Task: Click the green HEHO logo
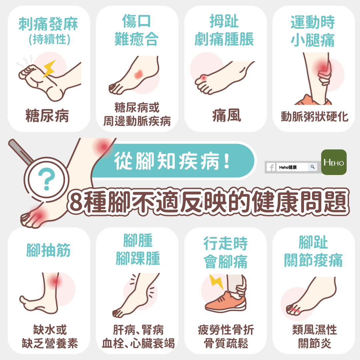click(334, 162)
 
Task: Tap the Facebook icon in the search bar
click(271, 167)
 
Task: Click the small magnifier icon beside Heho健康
click(312, 167)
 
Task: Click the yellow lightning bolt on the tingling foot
click(49, 68)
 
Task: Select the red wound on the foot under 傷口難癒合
click(138, 74)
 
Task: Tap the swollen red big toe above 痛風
click(203, 78)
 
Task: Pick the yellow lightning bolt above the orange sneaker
click(216, 282)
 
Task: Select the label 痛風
click(227, 115)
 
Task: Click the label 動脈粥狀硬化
click(314, 117)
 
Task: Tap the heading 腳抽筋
click(48, 250)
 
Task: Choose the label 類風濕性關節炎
click(315, 336)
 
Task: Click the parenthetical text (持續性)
click(49, 39)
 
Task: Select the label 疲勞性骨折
click(226, 330)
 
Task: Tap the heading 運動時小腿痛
click(313, 31)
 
